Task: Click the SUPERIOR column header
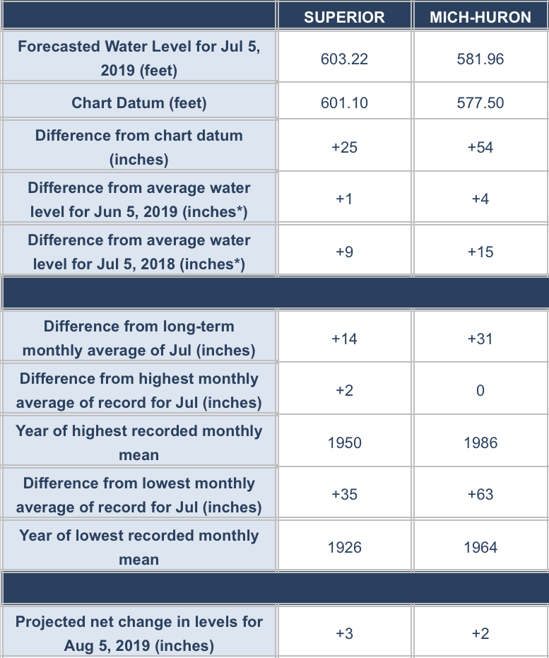point(344,17)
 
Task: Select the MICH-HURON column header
point(480,17)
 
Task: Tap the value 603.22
point(344,59)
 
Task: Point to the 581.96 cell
point(480,59)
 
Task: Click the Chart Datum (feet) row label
point(139,103)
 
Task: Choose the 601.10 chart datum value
point(344,103)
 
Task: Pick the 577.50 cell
point(480,103)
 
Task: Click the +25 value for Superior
point(344,147)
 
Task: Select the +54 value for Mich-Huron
point(480,147)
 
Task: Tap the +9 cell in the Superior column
point(344,252)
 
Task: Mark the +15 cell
point(480,252)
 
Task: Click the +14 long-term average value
point(344,339)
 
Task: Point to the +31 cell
point(480,339)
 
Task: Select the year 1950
point(344,443)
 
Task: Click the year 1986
point(480,443)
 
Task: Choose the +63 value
point(480,495)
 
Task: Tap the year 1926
point(344,547)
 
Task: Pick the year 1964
point(480,547)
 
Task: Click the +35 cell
point(344,495)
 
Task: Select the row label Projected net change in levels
point(139,633)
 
